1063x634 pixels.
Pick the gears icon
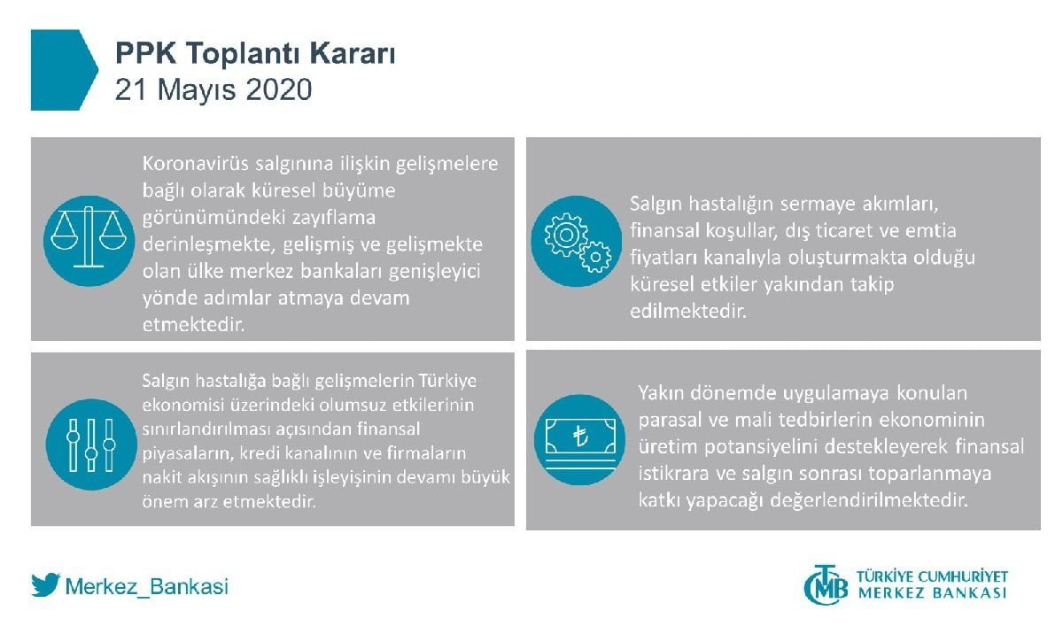click(x=577, y=242)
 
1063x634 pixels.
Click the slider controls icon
click(x=91, y=445)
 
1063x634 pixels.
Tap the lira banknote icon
click(x=579, y=439)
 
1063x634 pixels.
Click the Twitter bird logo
click(x=45, y=584)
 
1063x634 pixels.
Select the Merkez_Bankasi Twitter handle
click(x=147, y=586)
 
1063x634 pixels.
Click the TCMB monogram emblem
click(x=826, y=584)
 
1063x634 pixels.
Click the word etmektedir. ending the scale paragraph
click(x=193, y=325)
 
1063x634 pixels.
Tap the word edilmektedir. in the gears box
click(x=688, y=311)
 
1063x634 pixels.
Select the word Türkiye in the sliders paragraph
click(x=447, y=380)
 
